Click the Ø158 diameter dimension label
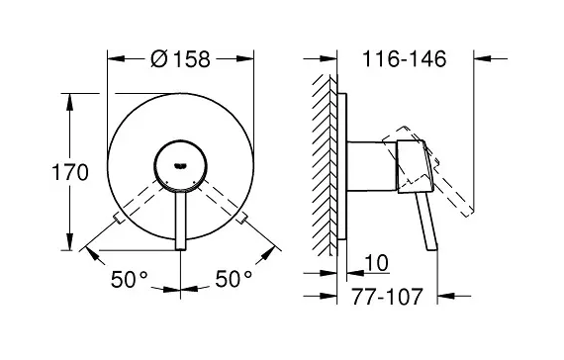(180, 58)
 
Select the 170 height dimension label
(70, 172)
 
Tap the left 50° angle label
(130, 279)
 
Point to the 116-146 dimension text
(405, 58)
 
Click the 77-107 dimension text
(387, 297)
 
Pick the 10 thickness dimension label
(377, 263)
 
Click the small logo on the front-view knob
(180, 166)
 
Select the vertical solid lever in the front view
(181, 220)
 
